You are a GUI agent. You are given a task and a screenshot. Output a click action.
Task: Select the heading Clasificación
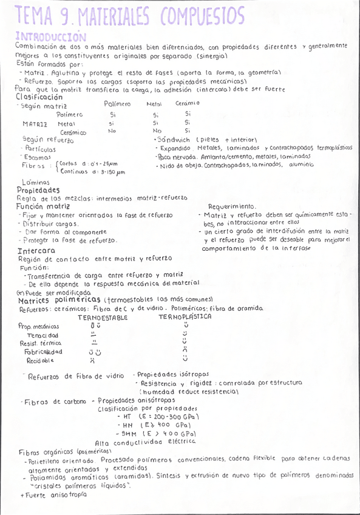pyautogui.click(x=39, y=97)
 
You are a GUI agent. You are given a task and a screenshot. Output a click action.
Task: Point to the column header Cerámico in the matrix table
pyautogui.click(x=188, y=103)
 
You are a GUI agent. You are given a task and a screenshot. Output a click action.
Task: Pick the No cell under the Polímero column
pyautogui.click(x=112, y=131)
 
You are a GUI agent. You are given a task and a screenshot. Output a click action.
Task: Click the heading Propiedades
pyautogui.click(x=38, y=189)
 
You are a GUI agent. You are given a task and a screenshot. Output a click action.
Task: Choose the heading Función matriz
pyautogui.click(x=43, y=206)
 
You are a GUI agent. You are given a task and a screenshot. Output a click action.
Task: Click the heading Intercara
pyautogui.click(x=36, y=250)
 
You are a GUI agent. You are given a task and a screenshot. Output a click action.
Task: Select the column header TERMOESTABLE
pyautogui.click(x=102, y=317)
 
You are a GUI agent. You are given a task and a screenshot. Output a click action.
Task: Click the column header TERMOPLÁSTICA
pyautogui.click(x=185, y=317)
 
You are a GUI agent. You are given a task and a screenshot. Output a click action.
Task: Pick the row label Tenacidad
pyautogui.click(x=42, y=335)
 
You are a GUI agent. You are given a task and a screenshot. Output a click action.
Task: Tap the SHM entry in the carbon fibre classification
pyautogui.click(x=129, y=433)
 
